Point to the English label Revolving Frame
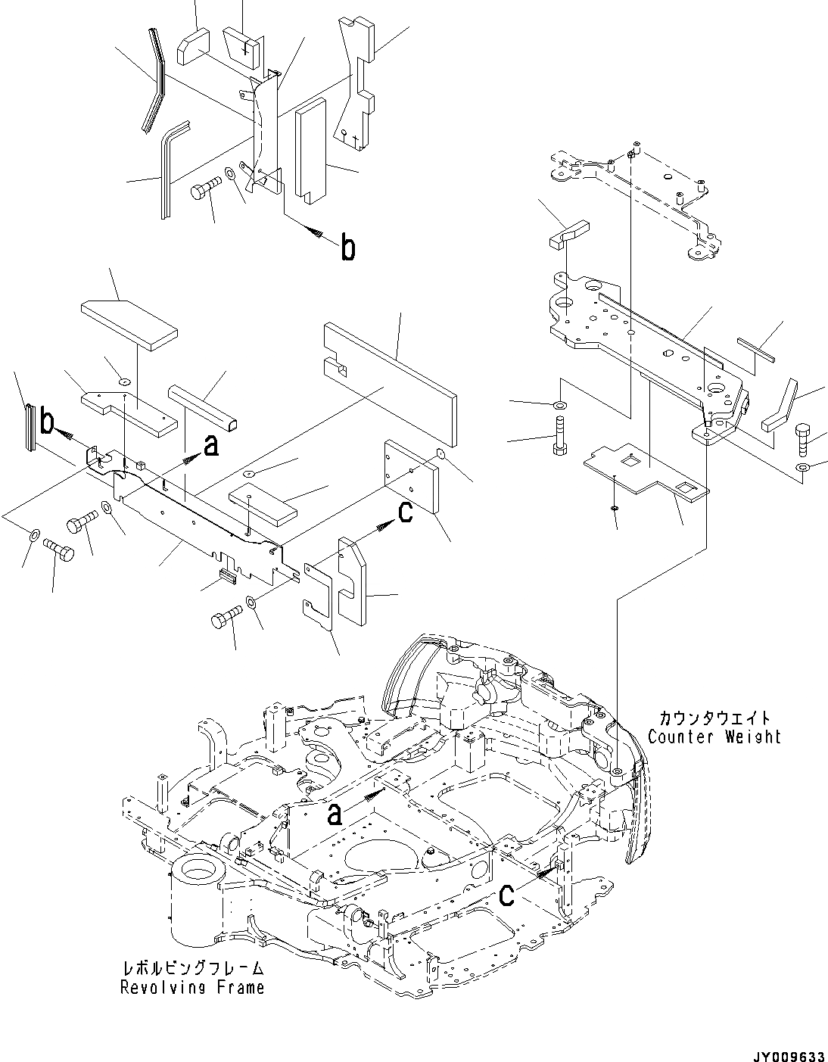pos(192,987)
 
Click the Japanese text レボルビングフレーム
pos(192,969)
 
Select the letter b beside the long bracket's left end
pos(48,424)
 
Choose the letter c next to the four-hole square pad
pos(404,512)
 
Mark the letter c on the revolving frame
pos(507,895)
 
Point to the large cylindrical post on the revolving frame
pos(199,901)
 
